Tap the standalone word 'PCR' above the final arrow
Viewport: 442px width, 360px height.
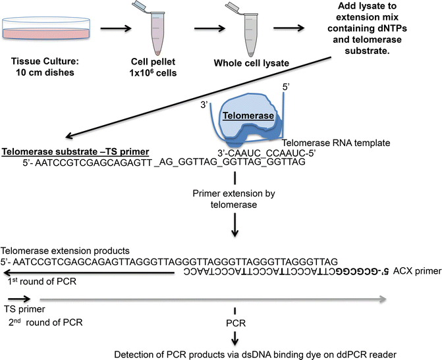pos(235,322)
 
